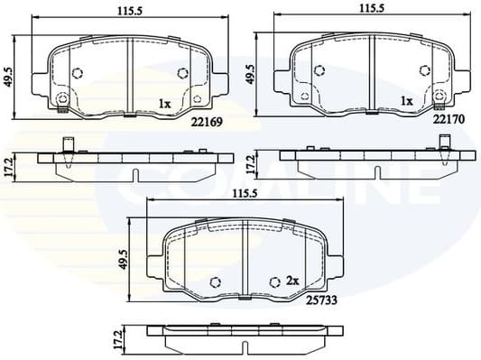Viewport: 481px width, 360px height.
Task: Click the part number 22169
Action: pos(207,122)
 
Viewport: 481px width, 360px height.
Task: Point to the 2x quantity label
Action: pos(291,281)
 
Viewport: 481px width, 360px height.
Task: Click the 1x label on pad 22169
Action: pos(164,104)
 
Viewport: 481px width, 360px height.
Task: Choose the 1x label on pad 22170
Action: pos(406,101)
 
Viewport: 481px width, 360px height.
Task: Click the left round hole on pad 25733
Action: pos(215,282)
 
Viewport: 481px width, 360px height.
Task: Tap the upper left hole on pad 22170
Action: pos(320,69)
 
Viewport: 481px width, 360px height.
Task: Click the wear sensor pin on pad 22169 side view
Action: pos(68,144)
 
